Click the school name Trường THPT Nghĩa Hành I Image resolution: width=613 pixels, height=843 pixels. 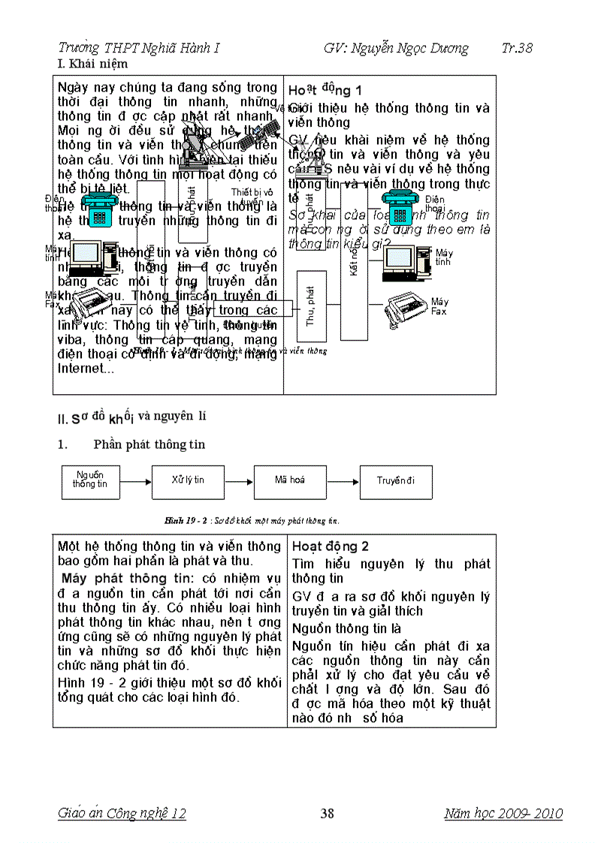tap(138, 49)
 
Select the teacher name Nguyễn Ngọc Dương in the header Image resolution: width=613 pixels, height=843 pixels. tap(396, 49)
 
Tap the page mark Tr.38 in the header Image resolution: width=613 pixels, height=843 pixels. tap(517, 49)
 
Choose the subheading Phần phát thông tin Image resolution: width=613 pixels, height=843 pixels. tap(149, 444)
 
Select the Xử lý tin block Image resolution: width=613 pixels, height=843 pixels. tap(188, 480)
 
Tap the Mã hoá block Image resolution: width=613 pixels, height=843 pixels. tap(290, 480)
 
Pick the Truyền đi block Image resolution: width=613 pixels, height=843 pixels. tap(396, 480)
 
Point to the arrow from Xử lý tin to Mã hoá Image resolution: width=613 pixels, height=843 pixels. tap(239, 481)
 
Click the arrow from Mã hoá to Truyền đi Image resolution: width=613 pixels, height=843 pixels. tap(343, 481)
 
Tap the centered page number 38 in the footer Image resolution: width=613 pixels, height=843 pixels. tap(327, 813)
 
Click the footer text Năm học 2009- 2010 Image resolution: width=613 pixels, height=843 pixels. tap(503, 813)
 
